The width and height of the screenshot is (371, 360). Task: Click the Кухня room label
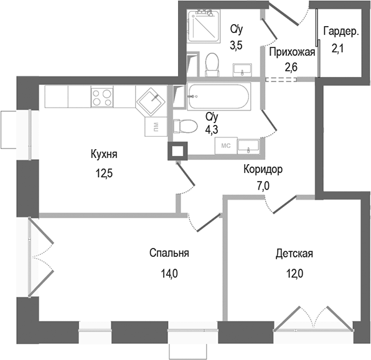click(x=104, y=154)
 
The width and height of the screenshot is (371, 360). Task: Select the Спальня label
click(x=169, y=253)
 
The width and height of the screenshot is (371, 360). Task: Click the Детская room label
click(x=294, y=254)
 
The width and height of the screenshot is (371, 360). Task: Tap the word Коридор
click(x=263, y=168)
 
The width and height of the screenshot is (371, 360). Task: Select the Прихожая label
click(x=292, y=52)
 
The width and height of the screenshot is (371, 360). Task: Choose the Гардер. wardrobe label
click(x=340, y=32)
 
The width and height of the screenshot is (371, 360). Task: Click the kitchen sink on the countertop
click(x=149, y=100)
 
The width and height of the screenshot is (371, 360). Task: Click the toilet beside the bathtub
click(x=182, y=126)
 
